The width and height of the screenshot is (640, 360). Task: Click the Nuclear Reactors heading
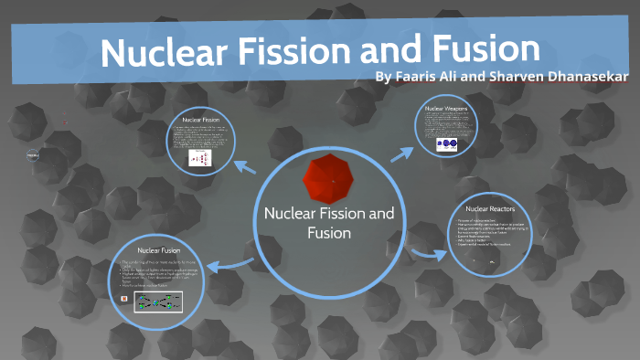[x=489, y=209]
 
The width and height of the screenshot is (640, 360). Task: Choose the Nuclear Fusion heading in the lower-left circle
[x=158, y=249]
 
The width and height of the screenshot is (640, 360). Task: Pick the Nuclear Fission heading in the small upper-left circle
[x=199, y=120]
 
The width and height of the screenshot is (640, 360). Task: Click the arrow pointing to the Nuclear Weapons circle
[x=400, y=153]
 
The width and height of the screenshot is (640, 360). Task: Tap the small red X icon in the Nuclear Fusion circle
[x=125, y=298]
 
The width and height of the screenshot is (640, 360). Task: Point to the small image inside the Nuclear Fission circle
[x=200, y=158]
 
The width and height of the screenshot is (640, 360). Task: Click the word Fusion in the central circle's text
[x=328, y=233]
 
